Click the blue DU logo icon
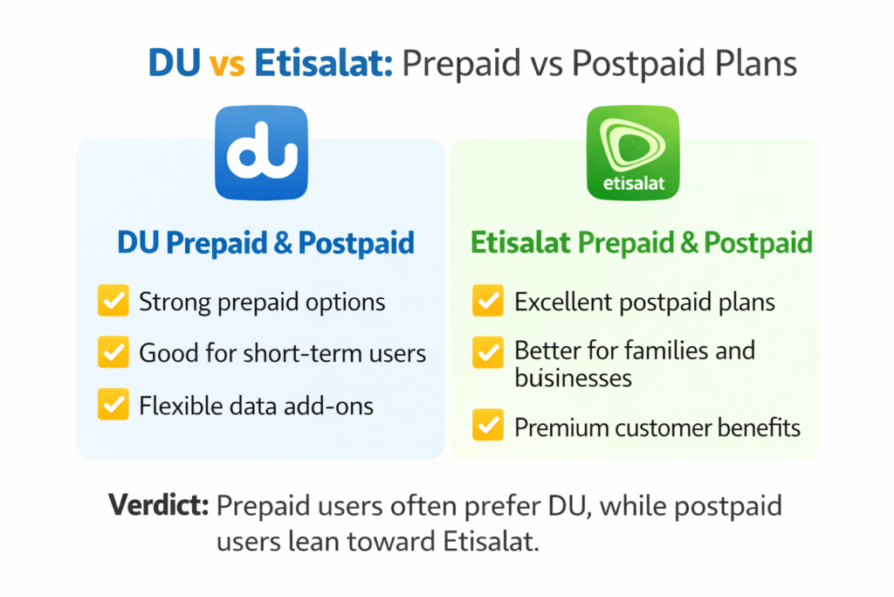pyautogui.click(x=261, y=152)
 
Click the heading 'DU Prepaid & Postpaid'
pyautogui.click(x=265, y=244)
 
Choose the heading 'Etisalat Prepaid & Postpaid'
pyautogui.click(x=642, y=243)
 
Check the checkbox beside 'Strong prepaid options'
pyautogui.click(x=113, y=302)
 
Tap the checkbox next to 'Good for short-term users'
pyautogui.click(x=113, y=353)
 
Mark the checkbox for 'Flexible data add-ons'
pyautogui.click(x=113, y=405)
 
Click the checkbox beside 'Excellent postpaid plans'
pyautogui.click(x=487, y=302)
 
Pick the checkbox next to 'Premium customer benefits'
pyautogui.click(x=487, y=427)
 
